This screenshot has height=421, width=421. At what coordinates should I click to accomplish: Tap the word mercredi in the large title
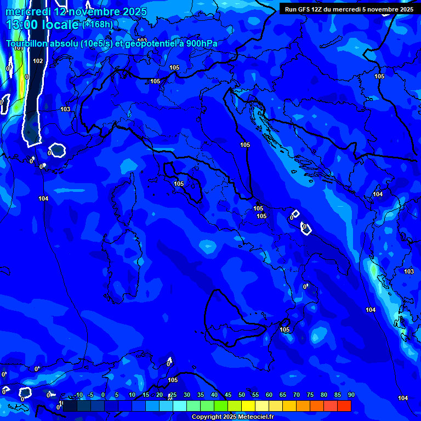click(28, 12)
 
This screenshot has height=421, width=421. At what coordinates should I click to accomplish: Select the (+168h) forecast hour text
click(99, 24)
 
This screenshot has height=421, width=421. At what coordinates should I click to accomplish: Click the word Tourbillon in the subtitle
click(27, 44)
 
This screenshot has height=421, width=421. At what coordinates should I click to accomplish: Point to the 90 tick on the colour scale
click(351, 395)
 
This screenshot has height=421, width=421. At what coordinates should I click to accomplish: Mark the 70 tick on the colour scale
click(296, 395)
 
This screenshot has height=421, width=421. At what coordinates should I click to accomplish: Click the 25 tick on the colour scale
click(173, 395)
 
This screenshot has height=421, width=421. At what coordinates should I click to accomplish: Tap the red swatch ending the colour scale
click(344, 406)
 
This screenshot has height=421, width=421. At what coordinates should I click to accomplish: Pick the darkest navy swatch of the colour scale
click(70, 406)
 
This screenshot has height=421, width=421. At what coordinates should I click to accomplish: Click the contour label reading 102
click(38, 61)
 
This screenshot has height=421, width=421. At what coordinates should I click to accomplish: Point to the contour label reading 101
click(19, 48)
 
